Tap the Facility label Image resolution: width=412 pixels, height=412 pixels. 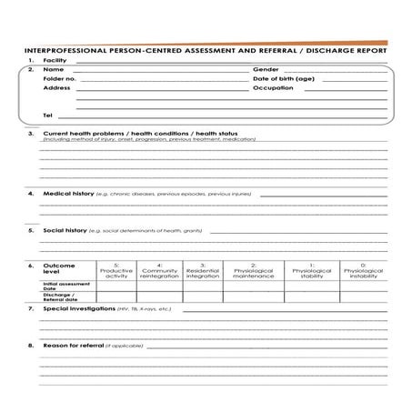point(55,60)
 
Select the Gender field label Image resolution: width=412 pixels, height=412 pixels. point(266,69)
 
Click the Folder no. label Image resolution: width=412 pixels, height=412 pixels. point(60,79)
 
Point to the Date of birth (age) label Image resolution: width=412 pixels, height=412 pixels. point(284,79)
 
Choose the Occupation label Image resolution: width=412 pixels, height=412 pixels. point(273,88)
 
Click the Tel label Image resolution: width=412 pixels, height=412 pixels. point(48,116)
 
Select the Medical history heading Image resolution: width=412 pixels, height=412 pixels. point(69,194)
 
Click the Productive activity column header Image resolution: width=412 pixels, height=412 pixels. point(116,270)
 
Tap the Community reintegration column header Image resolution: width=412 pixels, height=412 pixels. point(160,270)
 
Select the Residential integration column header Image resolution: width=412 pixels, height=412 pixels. point(203,270)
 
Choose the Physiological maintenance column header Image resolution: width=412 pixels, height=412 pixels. point(253,270)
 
